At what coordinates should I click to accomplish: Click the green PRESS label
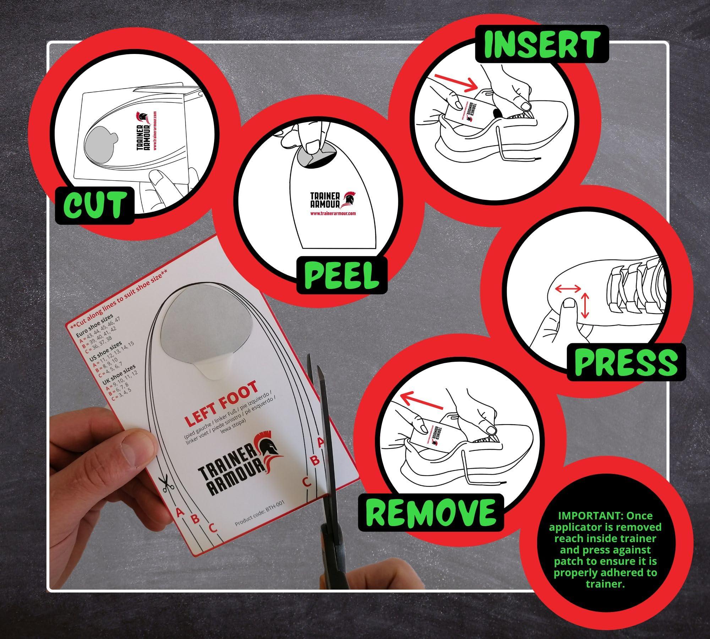626,361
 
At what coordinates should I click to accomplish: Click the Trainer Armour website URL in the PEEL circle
333,214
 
